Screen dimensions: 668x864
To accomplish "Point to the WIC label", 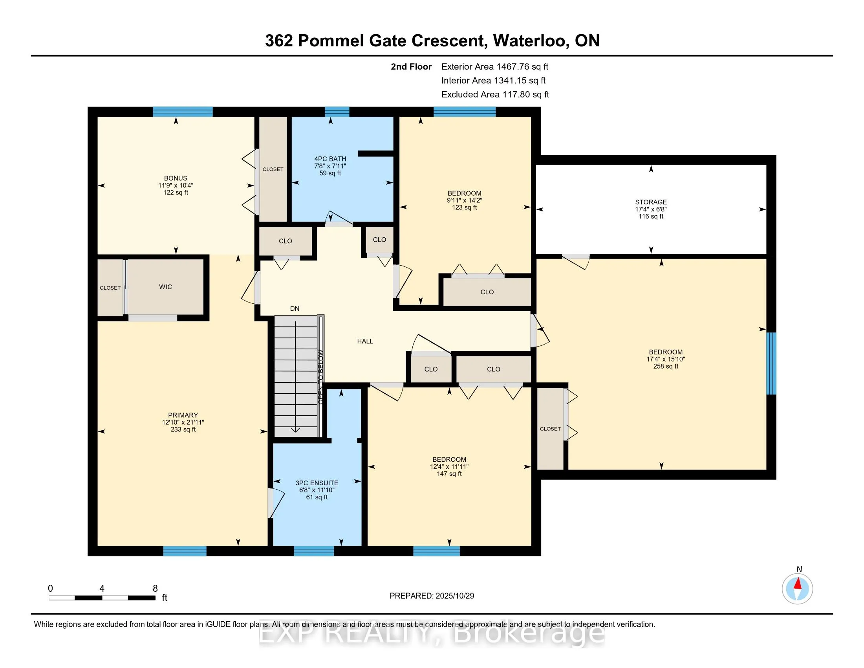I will [165, 287].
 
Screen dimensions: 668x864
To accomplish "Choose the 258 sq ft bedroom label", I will [665, 359].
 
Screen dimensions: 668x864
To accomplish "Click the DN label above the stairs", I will [295, 309].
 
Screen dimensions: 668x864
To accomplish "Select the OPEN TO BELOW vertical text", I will [320, 377].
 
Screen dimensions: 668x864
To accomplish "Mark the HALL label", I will [365, 341].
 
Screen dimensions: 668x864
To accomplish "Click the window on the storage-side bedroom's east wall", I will [771, 363].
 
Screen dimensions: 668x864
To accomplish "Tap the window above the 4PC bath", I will [337, 112].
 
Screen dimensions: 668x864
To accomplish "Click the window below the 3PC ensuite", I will [314, 551].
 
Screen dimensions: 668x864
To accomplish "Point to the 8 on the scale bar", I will [155, 589].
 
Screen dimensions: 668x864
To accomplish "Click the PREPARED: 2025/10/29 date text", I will [432, 596].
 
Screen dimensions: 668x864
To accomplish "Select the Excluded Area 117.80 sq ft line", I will [495, 95].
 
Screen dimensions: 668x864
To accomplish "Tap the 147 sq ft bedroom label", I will [449, 466].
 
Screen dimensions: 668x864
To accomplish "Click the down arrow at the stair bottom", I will [295, 430].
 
